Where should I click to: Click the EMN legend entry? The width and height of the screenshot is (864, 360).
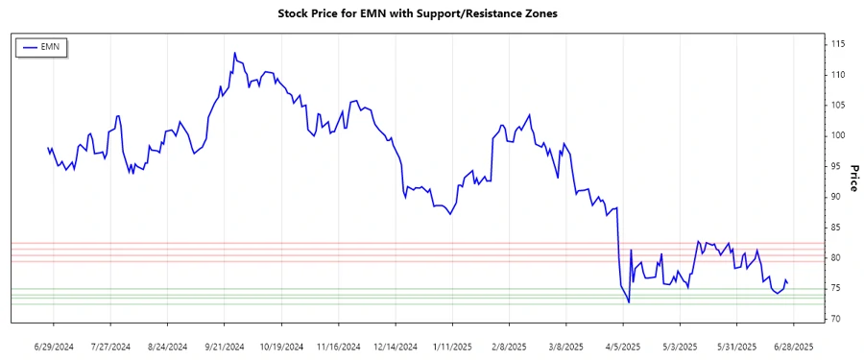[x=41, y=46]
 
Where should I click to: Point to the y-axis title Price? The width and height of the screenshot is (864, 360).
[x=852, y=178]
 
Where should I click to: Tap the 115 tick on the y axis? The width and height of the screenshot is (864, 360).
[x=838, y=44]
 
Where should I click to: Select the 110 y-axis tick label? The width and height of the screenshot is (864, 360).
[x=838, y=75]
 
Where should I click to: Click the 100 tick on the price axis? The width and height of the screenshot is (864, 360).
[x=838, y=135]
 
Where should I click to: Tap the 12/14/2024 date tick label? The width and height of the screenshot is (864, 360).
[x=396, y=346]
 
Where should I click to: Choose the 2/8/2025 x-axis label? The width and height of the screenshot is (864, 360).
[x=508, y=346]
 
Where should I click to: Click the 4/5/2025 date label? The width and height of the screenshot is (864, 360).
[x=619, y=346]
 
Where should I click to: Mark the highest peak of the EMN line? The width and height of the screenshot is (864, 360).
[x=234, y=53]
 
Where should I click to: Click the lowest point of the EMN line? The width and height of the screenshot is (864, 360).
[x=629, y=302]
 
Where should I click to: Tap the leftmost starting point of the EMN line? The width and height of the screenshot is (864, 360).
[x=48, y=148]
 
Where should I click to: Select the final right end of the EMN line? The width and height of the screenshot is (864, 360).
[x=788, y=282]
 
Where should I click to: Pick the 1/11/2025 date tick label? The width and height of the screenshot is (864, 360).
[x=452, y=346]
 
